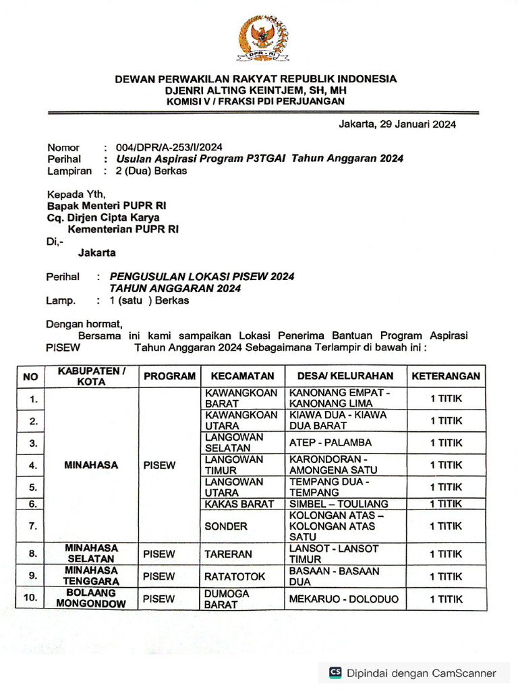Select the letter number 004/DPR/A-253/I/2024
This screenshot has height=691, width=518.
[x=169, y=147]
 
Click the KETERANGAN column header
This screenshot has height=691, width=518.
[x=446, y=376]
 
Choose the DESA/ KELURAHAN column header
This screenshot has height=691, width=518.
[x=341, y=376]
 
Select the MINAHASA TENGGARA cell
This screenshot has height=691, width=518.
[x=91, y=576]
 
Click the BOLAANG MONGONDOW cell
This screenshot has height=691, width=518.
[x=91, y=599]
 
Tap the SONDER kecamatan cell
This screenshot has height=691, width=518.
[x=226, y=526]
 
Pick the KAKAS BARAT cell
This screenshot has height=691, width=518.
[x=239, y=503]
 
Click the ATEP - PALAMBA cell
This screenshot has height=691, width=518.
[x=330, y=443]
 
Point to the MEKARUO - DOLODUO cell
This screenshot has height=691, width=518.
[x=344, y=599]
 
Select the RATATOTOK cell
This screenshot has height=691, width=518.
[x=235, y=576]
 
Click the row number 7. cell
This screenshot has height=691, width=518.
[x=30, y=526]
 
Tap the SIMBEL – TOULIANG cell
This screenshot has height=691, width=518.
[x=339, y=503]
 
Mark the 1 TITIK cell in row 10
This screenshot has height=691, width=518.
[x=446, y=599]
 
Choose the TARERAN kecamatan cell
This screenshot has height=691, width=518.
[x=228, y=554]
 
